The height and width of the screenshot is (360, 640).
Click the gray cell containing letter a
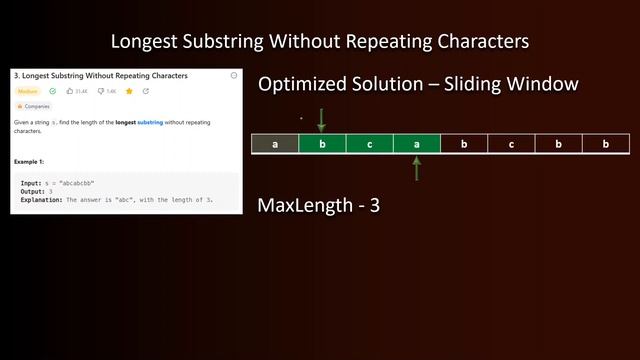274,144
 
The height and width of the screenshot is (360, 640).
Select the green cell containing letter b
322,144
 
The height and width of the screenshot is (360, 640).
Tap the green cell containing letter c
369,144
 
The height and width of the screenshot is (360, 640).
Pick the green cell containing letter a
416,144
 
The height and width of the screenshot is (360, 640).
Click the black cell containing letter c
511,144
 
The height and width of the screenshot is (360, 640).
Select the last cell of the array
605,144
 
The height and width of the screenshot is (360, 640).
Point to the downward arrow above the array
321,121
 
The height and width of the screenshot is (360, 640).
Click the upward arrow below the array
416,168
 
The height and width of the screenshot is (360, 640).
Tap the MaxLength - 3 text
318,206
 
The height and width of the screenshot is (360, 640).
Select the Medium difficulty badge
28,91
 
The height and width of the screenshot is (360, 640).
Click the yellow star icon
129,91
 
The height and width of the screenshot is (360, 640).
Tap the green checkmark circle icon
53,91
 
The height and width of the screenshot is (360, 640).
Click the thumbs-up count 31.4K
80,91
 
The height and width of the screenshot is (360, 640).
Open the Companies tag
34,106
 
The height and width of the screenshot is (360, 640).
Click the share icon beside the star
146,91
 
